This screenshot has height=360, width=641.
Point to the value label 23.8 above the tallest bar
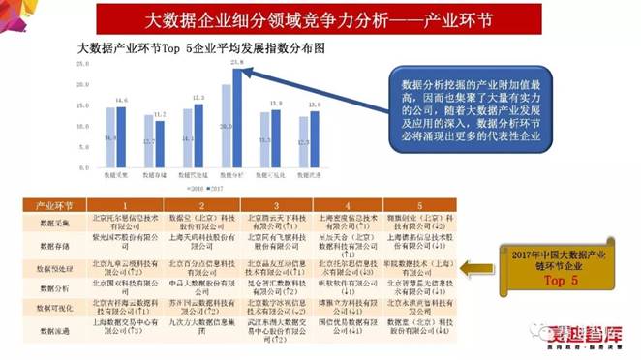[x=237, y=61]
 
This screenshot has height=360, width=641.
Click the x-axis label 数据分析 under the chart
[x=231, y=175]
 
